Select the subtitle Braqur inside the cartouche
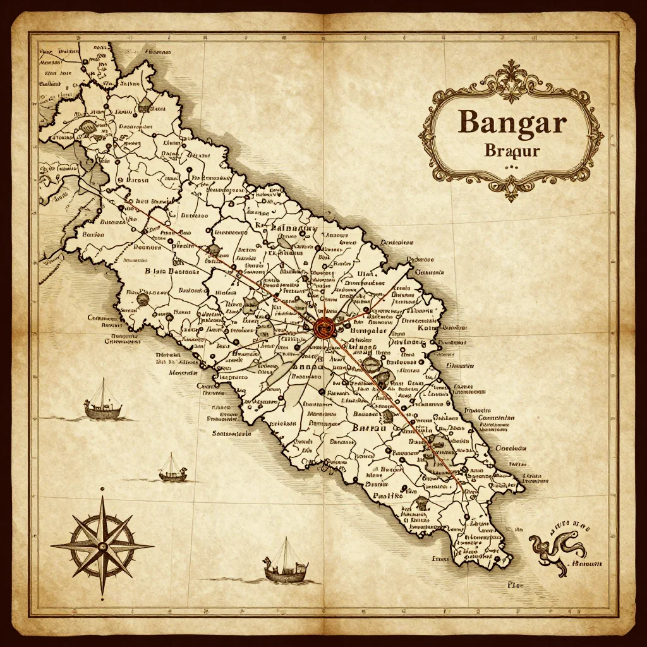pos(512,151)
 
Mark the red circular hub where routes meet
pos(323,327)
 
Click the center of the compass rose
pos(101,545)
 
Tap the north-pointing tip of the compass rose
pos(101,497)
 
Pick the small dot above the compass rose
pos(101,488)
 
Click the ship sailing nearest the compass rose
pos(172,469)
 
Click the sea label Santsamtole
pos(232,434)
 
